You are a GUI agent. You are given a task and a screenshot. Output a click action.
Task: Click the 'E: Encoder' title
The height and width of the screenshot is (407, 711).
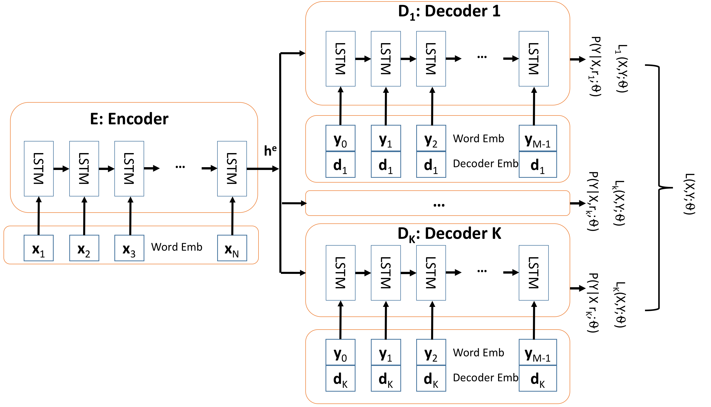tap(129, 119)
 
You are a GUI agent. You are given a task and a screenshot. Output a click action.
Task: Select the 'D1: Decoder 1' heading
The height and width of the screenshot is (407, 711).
tap(449, 12)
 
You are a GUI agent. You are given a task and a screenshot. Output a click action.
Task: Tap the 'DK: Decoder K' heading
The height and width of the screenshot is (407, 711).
tap(449, 234)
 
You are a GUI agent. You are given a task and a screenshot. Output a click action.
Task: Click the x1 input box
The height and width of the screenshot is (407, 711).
tap(39, 248)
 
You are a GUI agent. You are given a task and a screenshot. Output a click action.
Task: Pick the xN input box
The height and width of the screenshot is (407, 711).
tap(232, 248)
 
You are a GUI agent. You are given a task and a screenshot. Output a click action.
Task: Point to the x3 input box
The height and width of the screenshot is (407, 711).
tap(129, 248)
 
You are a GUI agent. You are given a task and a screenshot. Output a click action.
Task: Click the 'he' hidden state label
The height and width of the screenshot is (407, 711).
tap(270, 151)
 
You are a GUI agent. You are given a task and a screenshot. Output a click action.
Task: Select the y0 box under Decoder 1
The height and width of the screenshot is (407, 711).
tap(340, 139)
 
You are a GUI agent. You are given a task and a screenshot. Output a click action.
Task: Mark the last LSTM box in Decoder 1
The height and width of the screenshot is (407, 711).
tap(533, 59)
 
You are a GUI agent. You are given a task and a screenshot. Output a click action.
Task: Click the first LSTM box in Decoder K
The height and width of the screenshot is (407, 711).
tap(340, 273)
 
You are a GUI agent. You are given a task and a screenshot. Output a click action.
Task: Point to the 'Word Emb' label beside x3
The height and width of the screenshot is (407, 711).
tap(177, 247)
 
